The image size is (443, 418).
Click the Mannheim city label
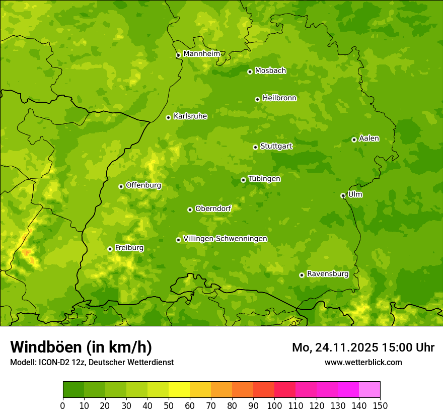click(x=201, y=53)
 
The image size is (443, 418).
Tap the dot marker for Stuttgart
click(x=255, y=147)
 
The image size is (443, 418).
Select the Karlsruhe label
click(x=190, y=116)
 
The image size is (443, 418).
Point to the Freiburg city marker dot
click(x=110, y=249)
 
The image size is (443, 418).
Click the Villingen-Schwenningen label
click(x=225, y=239)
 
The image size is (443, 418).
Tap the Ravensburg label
click(x=327, y=274)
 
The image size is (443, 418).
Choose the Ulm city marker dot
click(x=343, y=195)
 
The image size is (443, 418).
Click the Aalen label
click(x=368, y=138)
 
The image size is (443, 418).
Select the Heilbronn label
click(x=279, y=98)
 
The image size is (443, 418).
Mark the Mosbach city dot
click(x=250, y=72)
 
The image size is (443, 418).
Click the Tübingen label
click(x=264, y=179)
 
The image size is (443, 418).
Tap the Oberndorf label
click(x=213, y=208)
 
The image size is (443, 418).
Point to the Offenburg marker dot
click(x=121, y=186)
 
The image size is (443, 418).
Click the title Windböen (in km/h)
click(x=81, y=347)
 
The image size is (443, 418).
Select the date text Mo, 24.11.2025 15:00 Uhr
click(x=363, y=347)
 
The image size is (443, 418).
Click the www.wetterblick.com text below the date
click(x=363, y=362)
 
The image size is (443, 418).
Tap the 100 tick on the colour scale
click(x=274, y=405)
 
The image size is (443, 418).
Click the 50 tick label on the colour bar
click(x=169, y=405)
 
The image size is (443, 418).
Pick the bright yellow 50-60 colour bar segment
click(x=179, y=390)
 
